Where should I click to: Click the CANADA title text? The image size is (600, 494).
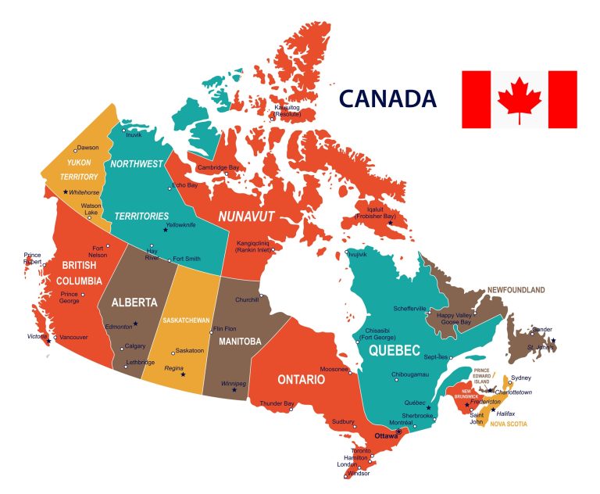point(387,99)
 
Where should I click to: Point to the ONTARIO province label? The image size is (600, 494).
point(301,380)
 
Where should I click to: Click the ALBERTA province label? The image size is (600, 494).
point(134,302)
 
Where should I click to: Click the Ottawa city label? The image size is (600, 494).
point(386,435)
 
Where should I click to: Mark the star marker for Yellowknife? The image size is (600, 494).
point(166,230)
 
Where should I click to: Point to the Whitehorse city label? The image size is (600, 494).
point(84,192)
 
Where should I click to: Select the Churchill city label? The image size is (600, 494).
point(246,299)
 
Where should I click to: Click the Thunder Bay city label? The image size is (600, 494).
point(277,403)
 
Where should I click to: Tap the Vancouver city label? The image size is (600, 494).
point(73,337)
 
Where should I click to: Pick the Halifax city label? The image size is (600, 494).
point(505,413)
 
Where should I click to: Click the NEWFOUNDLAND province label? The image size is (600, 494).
point(516,290)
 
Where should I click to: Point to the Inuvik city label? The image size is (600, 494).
point(134,134)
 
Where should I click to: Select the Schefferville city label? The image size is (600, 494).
point(410,309)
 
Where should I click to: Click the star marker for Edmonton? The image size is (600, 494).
point(135,324)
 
